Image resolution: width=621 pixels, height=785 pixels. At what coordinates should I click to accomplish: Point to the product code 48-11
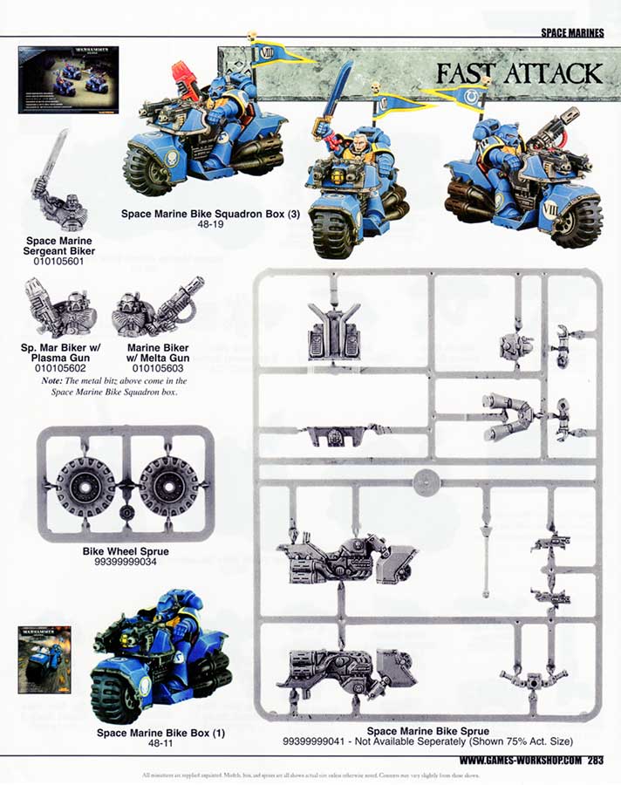tap(160, 744)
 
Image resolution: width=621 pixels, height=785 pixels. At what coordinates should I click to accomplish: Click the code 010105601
tap(60, 261)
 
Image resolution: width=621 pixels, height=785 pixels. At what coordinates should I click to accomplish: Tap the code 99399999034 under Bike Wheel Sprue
tap(125, 563)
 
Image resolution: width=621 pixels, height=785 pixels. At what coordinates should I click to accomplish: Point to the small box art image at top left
tap(68, 80)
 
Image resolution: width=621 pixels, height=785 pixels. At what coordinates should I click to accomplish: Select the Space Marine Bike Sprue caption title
tap(427, 731)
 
